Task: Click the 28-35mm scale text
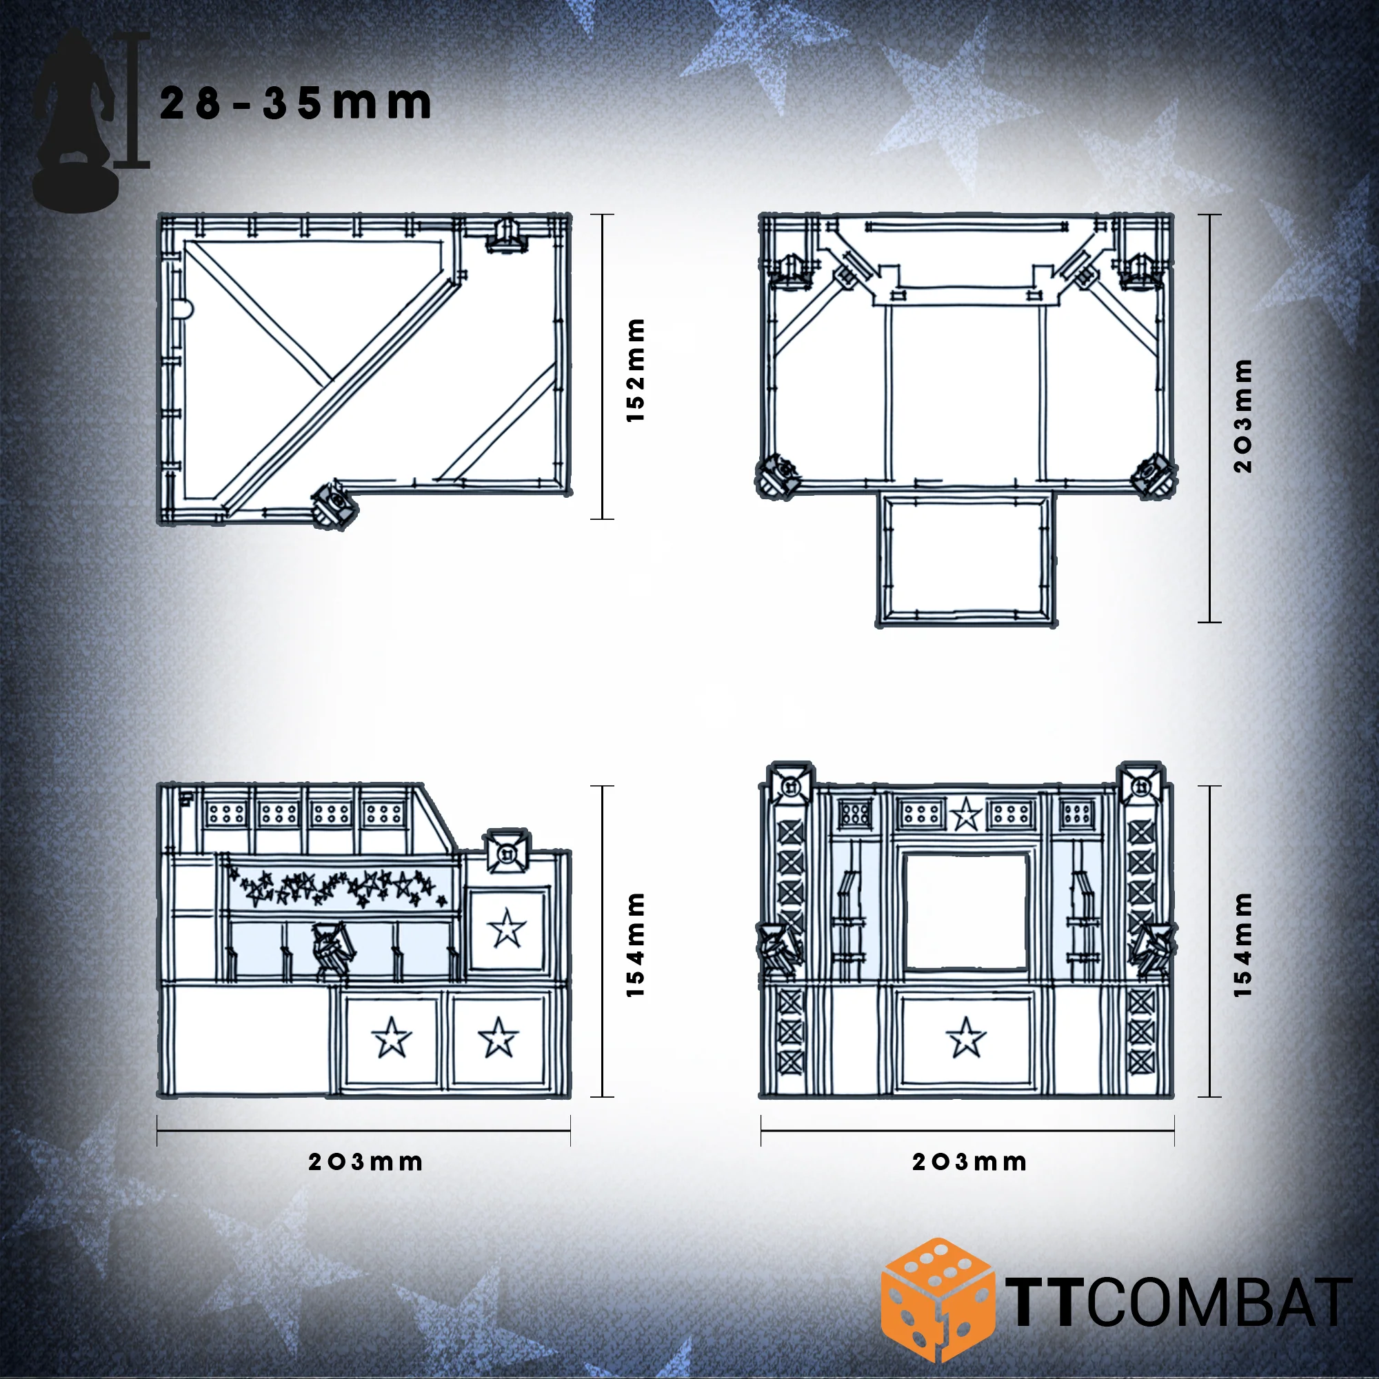pos(295,103)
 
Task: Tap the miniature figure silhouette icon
pos(74,121)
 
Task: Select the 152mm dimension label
pos(634,370)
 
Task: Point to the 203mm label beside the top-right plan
pos(1242,416)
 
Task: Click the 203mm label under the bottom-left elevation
pos(365,1162)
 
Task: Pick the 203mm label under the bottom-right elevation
pos(969,1162)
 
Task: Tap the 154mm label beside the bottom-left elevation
pos(634,945)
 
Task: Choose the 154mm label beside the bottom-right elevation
pos(1242,945)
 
